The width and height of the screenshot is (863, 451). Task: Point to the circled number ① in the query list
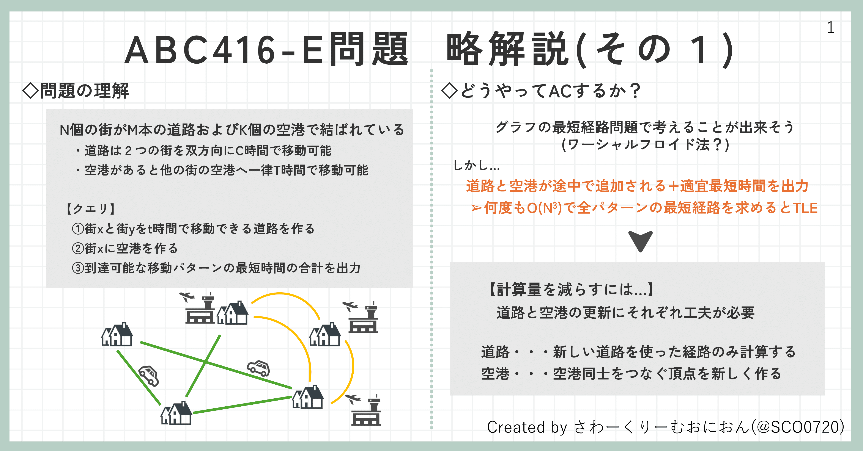pyautogui.click(x=78, y=229)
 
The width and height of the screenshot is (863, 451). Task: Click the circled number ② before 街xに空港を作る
pyautogui.click(x=78, y=248)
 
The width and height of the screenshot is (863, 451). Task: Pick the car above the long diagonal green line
pyautogui.click(x=258, y=368)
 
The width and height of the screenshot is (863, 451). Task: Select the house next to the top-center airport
pyautogui.click(x=233, y=313)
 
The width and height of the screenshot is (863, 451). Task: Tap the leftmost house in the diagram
pyautogui.click(x=117, y=335)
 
